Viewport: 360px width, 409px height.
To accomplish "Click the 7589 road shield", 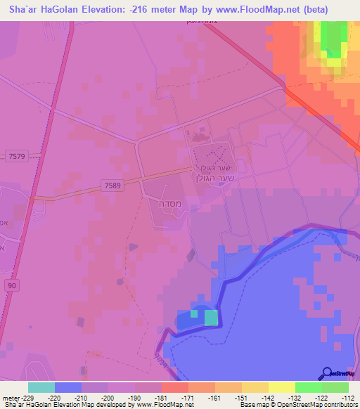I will coord(111,185).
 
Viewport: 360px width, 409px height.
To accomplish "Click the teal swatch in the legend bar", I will coord(41,387).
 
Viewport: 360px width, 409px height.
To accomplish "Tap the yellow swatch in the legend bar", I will coord(282,387).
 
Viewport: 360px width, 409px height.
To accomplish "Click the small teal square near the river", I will coord(211,318).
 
